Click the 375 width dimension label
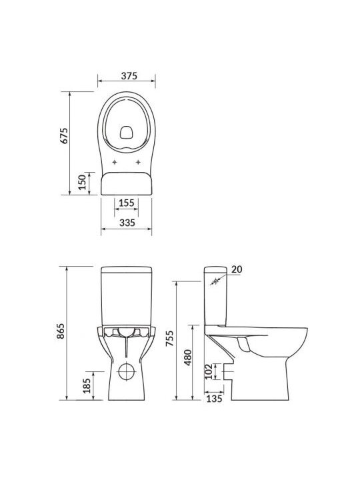pos(129,75)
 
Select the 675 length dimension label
pos(64,135)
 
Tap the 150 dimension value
pos(82,182)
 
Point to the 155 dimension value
pos(127,203)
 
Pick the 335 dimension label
pos(127,223)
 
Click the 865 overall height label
pos(61,331)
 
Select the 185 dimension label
pos(87,385)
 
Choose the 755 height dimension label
pos(169,338)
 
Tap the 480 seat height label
pos(187,357)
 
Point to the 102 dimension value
pos(209,371)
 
